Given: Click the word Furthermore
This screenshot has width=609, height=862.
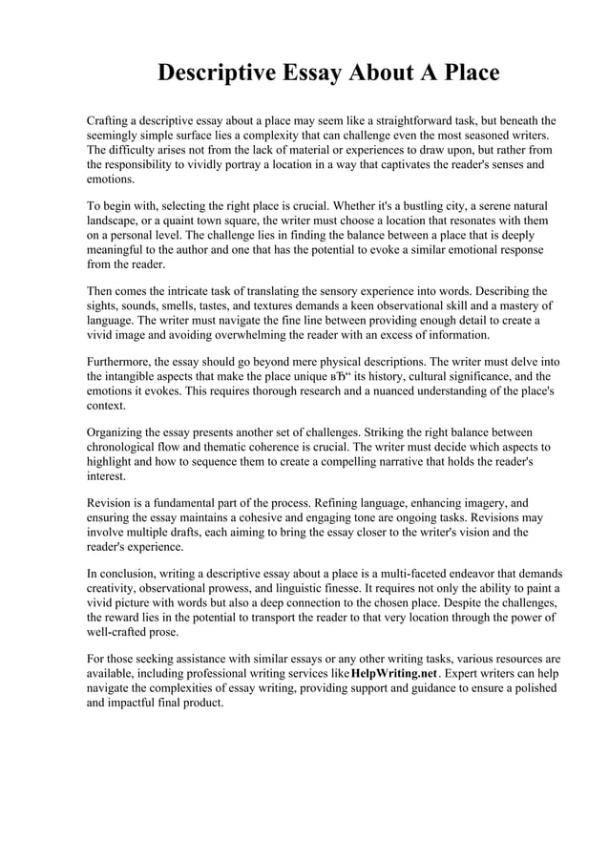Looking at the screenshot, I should (123, 363).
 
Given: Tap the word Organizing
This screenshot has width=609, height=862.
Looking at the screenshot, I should (120, 432).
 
